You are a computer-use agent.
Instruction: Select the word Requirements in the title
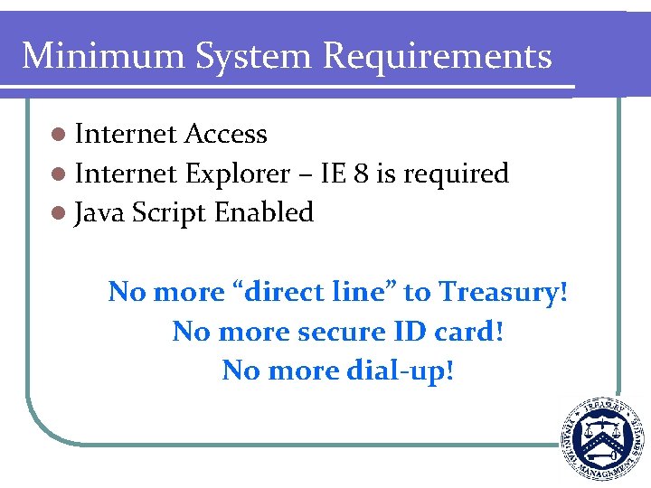pyautogui.click(x=438, y=56)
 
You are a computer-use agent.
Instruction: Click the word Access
pyautogui.click(x=225, y=135)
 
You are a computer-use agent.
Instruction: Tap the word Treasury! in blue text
pyautogui.click(x=504, y=293)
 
